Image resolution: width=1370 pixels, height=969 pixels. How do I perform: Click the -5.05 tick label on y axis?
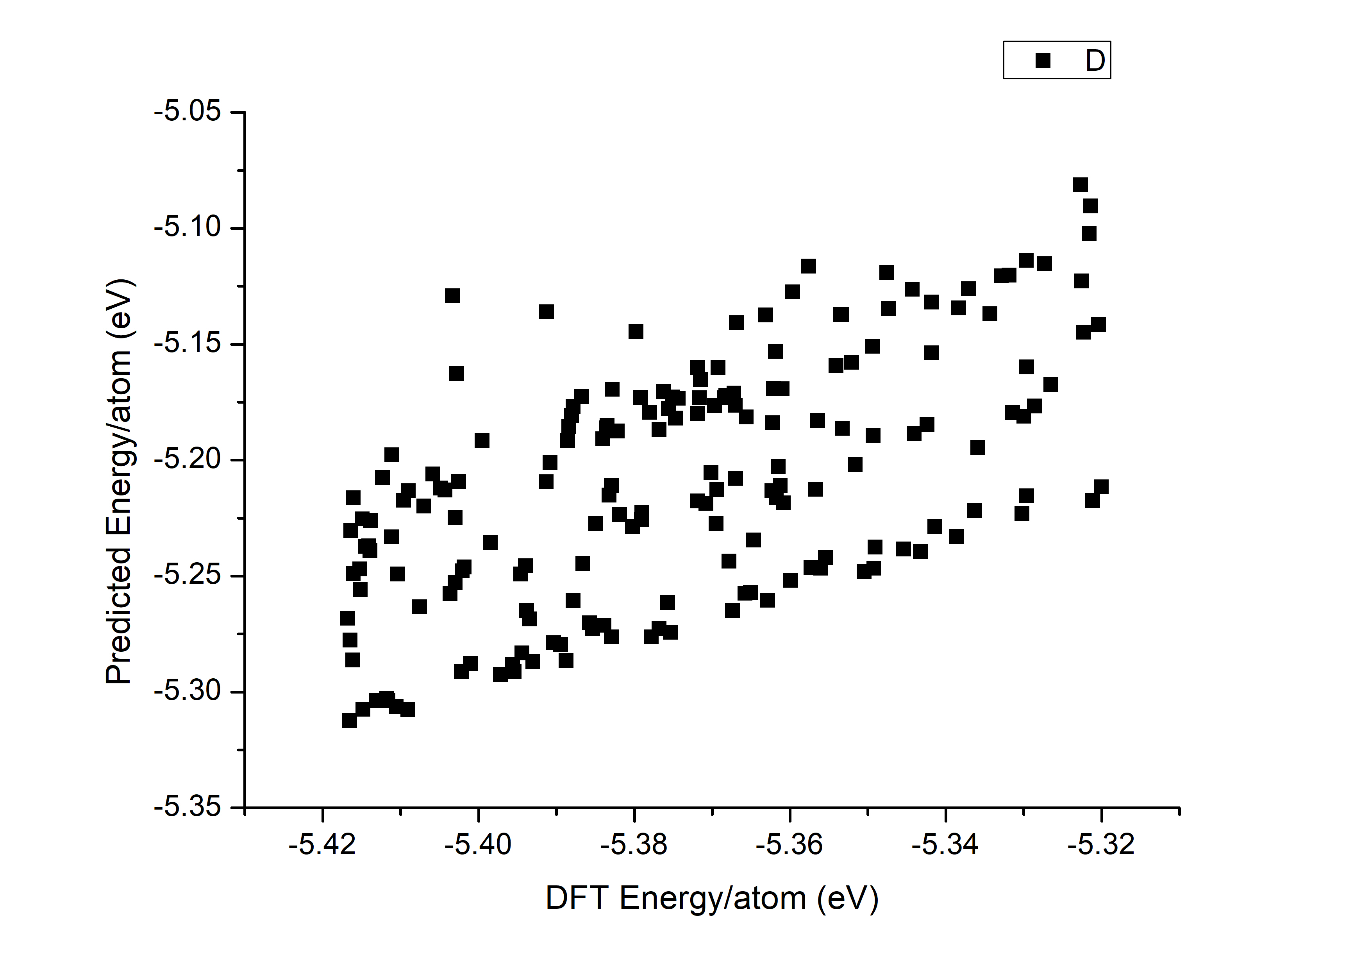[188, 112]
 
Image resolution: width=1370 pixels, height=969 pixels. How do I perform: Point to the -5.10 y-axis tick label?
[188, 227]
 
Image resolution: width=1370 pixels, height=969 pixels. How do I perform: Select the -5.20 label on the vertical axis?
[188, 459]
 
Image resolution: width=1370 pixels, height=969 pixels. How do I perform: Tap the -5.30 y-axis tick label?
[188, 692]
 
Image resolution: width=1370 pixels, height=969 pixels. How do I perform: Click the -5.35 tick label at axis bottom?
[188, 807]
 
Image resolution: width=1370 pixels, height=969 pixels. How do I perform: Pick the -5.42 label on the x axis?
[322, 844]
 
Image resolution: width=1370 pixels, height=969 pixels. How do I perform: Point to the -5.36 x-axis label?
[789, 844]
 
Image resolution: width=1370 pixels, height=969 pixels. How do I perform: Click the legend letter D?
[1095, 60]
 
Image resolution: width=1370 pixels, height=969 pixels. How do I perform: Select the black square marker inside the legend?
[1042, 60]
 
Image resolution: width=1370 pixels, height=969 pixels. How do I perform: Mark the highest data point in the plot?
[1080, 185]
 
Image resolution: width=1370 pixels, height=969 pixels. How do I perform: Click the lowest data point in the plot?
[349, 720]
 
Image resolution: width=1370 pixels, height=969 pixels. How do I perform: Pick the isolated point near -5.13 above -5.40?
[452, 295]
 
